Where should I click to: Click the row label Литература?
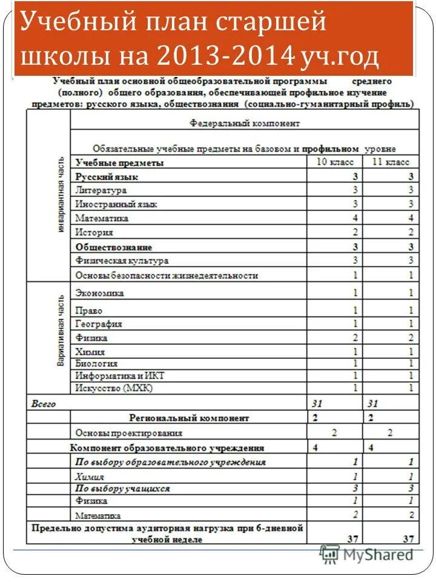tap(101, 190)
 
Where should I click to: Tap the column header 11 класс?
tap(391, 162)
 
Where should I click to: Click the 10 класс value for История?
tap(355, 232)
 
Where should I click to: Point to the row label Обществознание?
tap(114, 247)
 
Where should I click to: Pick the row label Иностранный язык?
tap(116, 204)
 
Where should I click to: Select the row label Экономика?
tap(99, 293)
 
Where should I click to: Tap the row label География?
tap(99, 324)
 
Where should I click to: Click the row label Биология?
tap(96, 364)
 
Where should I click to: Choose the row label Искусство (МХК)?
tap(114, 388)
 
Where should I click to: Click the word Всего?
tap(44, 403)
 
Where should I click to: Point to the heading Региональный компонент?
tap(189, 418)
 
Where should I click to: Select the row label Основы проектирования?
tap(128, 433)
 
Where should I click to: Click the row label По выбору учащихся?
tap(122, 488)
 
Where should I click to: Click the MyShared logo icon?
tap(330, 554)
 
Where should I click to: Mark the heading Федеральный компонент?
tap(245, 122)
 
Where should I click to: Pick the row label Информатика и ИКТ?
tap(119, 376)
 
